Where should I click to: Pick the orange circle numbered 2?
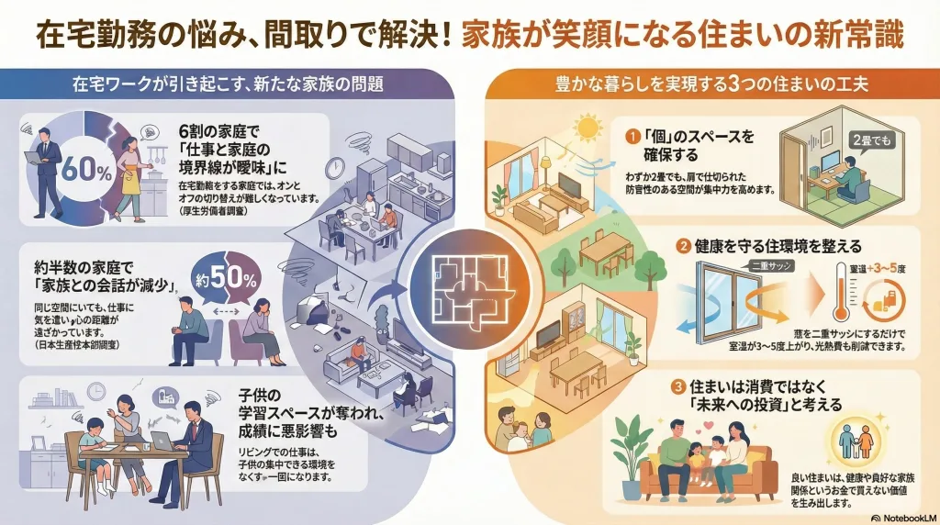(x=683, y=246)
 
